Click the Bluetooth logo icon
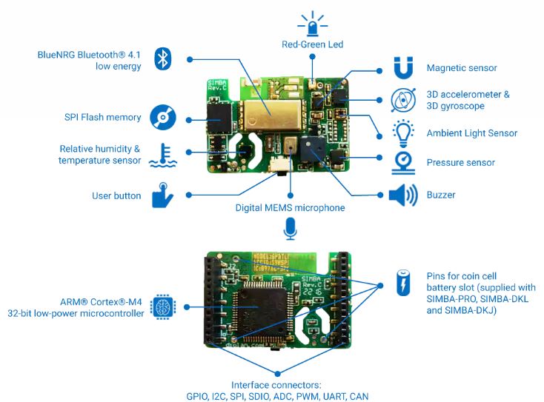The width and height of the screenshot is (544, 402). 163,59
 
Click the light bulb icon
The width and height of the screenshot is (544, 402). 402,132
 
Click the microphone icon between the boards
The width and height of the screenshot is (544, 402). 290,230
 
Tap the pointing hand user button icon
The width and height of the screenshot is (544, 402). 162,195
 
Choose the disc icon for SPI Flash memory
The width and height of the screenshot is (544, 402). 162,117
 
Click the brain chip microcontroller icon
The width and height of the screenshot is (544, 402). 162,306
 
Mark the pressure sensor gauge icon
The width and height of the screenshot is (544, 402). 402,162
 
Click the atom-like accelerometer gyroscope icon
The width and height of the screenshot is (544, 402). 402,99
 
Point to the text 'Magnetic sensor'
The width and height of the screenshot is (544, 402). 461,68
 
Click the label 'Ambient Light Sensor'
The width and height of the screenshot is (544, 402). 471,133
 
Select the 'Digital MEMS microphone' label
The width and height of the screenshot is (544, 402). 290,208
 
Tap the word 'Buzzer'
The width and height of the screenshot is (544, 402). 441,195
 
